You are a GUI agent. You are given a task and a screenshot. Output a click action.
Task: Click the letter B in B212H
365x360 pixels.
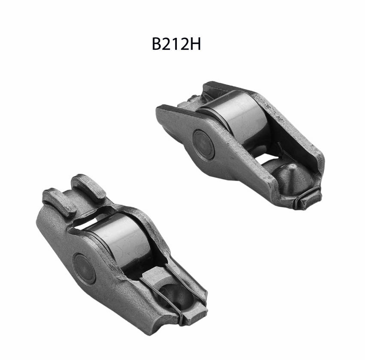pos(157,44)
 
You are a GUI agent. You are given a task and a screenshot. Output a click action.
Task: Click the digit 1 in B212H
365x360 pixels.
pos(176,44)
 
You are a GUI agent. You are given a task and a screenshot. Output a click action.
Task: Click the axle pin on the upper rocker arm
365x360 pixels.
pos(204,144)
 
